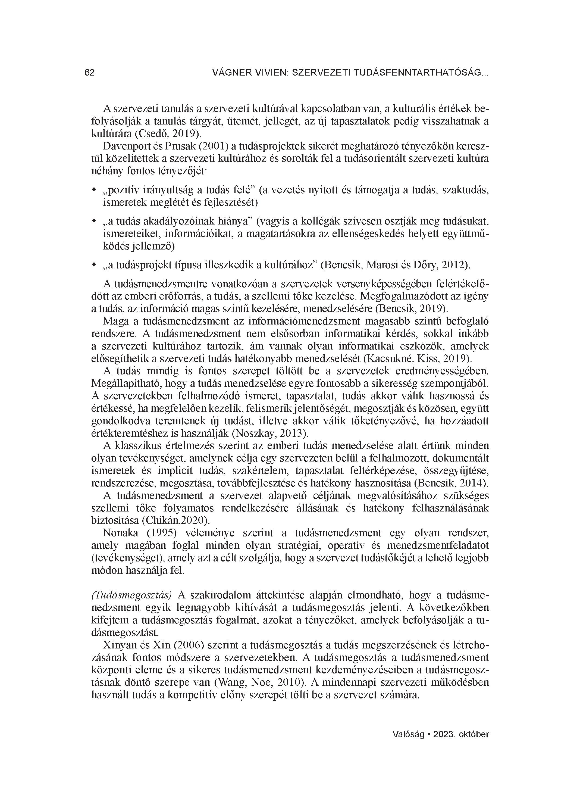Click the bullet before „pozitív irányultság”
94,191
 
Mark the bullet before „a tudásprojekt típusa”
94,265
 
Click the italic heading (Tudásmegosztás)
131,595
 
